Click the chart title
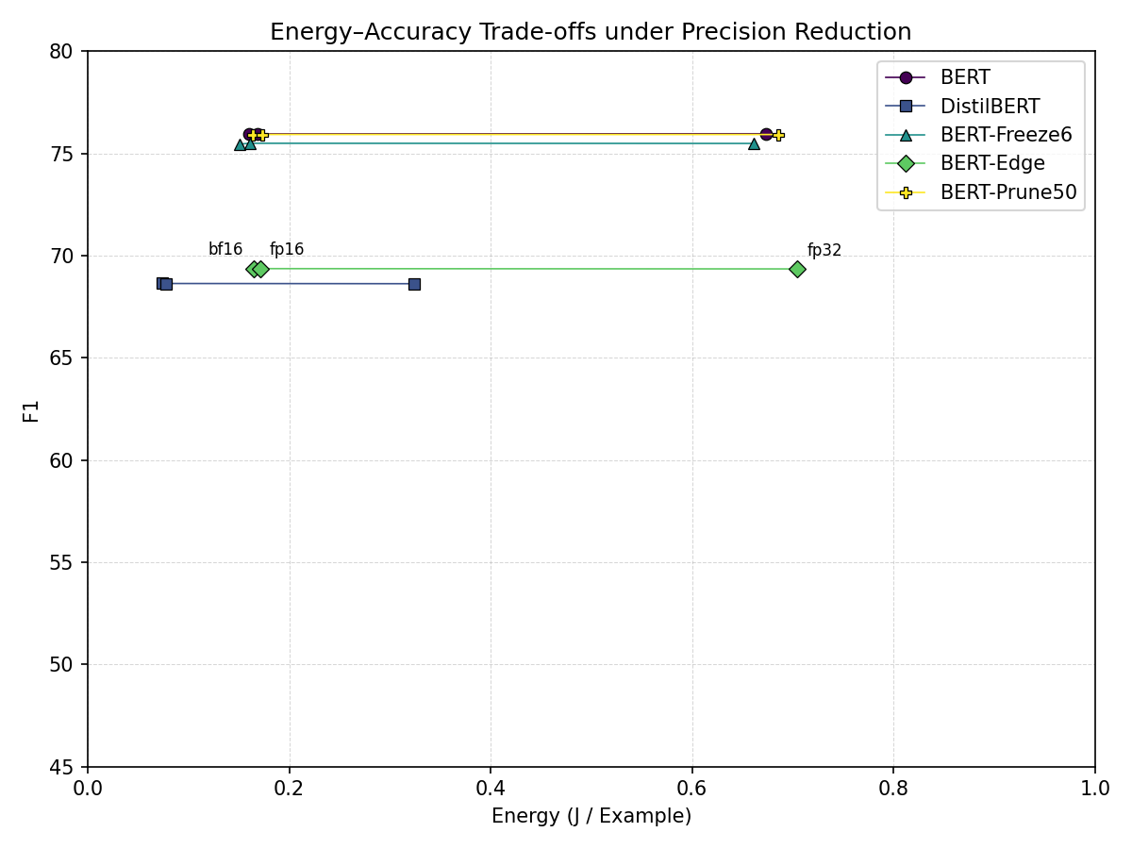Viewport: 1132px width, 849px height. pyautogui.click(x=591, y=32)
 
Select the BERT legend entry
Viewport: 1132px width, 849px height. pyautogui.click(x=965, y=78)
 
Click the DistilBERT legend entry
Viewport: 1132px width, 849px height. pyautogui.click(x=990, y=107)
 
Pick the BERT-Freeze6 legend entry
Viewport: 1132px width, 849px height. pyautogui.click(x=1006, y=135)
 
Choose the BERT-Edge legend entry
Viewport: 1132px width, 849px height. pyautogui.click(x=992, y=163)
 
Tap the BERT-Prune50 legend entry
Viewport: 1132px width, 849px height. pyautogui.click(x=1007, y=192)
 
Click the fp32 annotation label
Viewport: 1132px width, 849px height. pyautogui.click(x=824, y=251)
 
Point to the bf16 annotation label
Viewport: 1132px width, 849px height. pyautogui.click(x=225, y=250)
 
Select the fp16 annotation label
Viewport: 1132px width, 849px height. pyautogui.click(x=287, y=250)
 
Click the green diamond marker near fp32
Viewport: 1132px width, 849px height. pyautogui.click(x=797, y=269)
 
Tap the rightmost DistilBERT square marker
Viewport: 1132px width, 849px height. pyautogui.click(x=414, y=284)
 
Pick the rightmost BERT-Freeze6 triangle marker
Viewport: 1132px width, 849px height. pyautogui.click(x=754, y=143)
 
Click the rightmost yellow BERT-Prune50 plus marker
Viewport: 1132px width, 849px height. pyautogui.click(x=778, y=135)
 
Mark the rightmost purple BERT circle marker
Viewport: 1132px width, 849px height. pyautogui.click(x=766, y=134)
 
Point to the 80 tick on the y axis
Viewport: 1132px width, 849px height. pyautogui.click(x=64, y=51)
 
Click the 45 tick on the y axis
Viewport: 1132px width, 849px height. pyautogui.click(x=64, y=767)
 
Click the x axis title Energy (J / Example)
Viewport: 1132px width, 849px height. pyautogui.click(x=591, y=816)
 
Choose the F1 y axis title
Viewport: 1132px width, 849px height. pyautogui.click(x=32, y=409)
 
